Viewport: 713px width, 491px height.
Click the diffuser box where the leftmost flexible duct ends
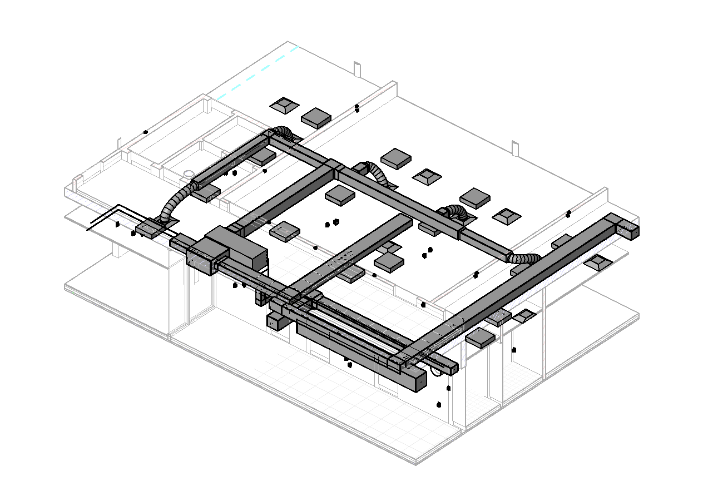pos(151,229)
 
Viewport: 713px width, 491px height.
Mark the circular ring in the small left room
pos(189,172)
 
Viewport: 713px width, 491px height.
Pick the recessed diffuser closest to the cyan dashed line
pos(284,105)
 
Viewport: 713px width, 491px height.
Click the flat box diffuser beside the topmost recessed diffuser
pos(316,117)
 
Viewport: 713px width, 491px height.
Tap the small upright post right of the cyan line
pos(356,69)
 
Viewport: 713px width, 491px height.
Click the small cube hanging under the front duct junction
pos(274,321)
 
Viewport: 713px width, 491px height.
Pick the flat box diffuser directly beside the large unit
pos(285,231)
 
